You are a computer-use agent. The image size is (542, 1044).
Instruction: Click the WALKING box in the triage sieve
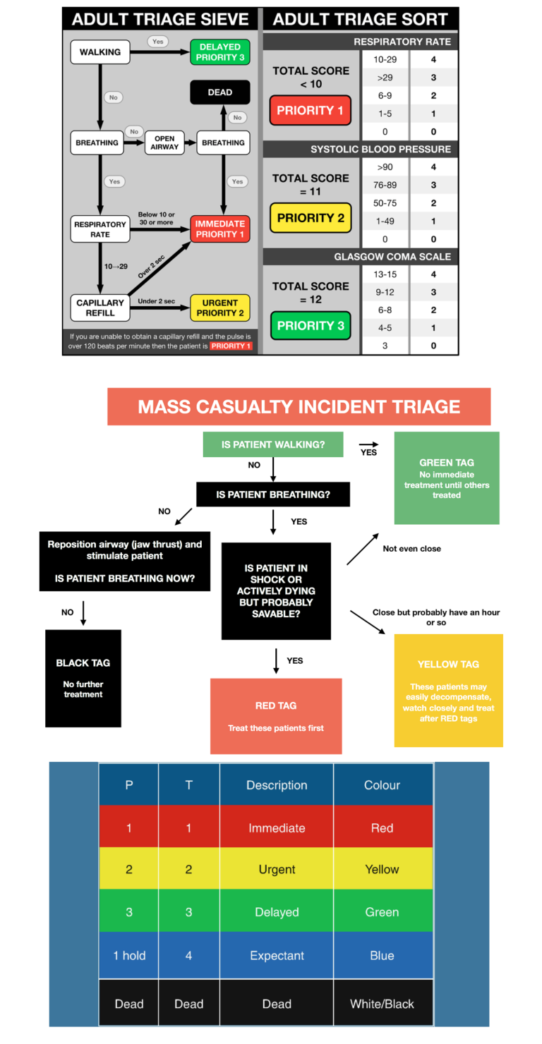pyautogui.click(x=100, y=52)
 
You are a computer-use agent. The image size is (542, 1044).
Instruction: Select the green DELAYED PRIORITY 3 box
pyautogui.click(x=219, y=52)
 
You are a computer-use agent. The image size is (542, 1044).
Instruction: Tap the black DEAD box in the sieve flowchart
pyautogui.click(x=219, y=92)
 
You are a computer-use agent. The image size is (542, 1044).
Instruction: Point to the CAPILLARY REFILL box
pyautogui.click(x=100, y=308)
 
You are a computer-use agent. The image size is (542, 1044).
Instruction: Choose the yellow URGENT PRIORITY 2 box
pyautogui.click(x=219, y=308)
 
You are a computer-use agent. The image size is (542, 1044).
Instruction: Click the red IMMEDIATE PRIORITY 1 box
pyautogui.click(x=219, y=229)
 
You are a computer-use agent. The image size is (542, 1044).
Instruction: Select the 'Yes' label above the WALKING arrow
pyautogui.click(x=157, y=42)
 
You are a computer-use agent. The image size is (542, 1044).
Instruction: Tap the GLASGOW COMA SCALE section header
pyautogui.click(x=392, y=257)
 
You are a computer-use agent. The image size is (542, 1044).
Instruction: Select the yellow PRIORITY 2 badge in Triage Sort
pyautogui.click(x=310, y=218)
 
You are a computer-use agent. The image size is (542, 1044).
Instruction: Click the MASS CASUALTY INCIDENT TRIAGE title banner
pyautogui.click(x=299, y=407)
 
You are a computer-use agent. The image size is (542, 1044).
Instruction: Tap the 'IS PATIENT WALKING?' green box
pyautogui.click(x=272, y=444)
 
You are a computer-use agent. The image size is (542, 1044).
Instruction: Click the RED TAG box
pyautogui.click(x=276, y=716)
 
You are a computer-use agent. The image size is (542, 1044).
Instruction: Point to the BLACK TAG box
pyautogui.click(x=83, y=678)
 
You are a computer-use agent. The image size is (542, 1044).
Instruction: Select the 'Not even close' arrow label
pyautogui.click(x=411, y=548)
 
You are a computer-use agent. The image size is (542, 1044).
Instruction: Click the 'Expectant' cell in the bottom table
pyautogui.click(x=277, y=955)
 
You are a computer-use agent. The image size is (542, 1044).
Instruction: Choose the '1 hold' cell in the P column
pyautogui.click(x=129, y=955)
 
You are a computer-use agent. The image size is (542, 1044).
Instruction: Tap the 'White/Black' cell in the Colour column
pyautogui.click(x=382, y=1003)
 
